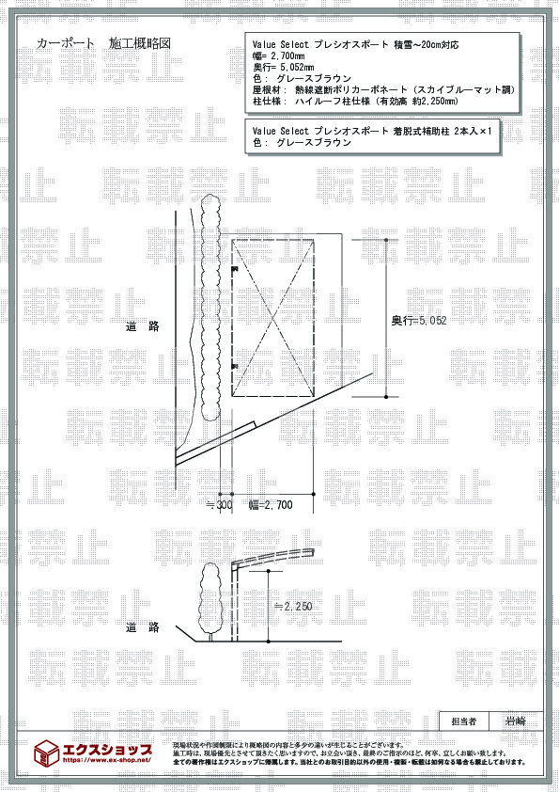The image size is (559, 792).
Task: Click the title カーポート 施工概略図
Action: coord(104,44)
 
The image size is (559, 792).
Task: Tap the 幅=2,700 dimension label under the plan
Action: coord(271,505)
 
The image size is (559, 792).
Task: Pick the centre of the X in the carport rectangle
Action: coord(272,319)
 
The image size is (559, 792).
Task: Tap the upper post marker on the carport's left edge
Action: coord(234,271)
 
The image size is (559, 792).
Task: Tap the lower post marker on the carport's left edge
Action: coord(234,365)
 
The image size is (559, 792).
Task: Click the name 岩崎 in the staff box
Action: coord(516,721)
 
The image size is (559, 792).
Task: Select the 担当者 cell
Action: coord(464,721)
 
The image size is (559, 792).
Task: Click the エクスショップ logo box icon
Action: coord(46,752)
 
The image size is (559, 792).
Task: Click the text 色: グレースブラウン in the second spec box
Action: coord(303,143)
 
